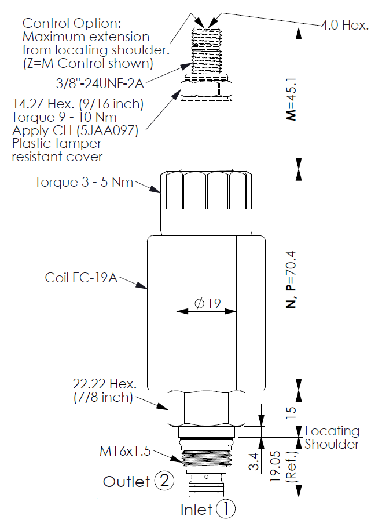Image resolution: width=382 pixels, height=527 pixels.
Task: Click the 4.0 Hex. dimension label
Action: pyautogui.click(x=344, y=25)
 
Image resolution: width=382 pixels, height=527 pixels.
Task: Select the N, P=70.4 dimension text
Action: pyautogui.click(x=291, y=279)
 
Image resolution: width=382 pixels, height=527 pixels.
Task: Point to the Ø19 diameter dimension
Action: pyautogui.click(x=207, y=303)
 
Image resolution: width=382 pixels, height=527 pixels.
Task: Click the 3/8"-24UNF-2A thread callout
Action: pyautogui.click(x=100, y=83)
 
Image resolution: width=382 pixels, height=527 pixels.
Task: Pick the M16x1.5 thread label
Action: pyautogui.click(x=125, y=450)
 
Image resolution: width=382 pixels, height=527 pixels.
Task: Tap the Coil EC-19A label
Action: pyautogui.click(x=81, y=278)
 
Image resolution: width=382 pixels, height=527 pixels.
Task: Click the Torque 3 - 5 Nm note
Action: pyautogui.click(x=84, y=182)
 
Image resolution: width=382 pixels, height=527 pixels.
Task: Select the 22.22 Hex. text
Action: pyautogui.click(x=105, y=383)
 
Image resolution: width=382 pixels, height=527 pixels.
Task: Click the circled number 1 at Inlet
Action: pyautogui.click(x=226, y=508)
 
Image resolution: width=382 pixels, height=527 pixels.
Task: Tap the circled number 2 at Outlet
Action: pyautogui.click(x=164, y=481)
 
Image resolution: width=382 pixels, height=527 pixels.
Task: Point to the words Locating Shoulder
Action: pyautogui.click(x=332, y=437)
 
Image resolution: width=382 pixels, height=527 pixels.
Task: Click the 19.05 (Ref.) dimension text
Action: pyautogui.click(x=282, y=467)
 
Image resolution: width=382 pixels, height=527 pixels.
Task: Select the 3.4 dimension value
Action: pyautogui.click(x=254, y=461)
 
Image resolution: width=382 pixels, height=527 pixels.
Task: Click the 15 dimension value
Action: pyautogui.click(x=291, y=412)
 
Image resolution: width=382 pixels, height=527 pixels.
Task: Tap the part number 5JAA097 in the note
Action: pyautogui.click(x=104, y=131)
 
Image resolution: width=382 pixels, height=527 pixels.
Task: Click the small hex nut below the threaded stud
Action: pyautogui.click(x=206, y=88)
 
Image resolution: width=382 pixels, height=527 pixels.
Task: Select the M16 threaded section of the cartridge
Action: pyautogui.click(x=206, y=459)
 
